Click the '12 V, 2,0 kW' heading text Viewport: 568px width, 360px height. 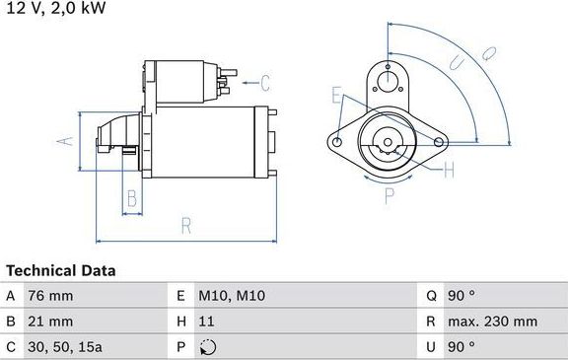pos(53,8)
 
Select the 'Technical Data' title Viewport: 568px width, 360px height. pos(61,270)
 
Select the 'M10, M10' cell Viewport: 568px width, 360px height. pos(232,296)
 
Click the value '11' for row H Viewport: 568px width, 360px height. pos(206,322)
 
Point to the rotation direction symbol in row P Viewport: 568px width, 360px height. pos(206,347)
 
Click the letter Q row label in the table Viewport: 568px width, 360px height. pos(431,296)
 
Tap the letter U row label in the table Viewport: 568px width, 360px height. pos(431,347)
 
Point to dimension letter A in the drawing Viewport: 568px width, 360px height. pos(66,141)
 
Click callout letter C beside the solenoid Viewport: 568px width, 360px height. pos(264,82)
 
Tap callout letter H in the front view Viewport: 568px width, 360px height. pos(449,172)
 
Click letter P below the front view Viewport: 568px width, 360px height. pos(388,193)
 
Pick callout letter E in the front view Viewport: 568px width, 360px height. pos(336,96)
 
